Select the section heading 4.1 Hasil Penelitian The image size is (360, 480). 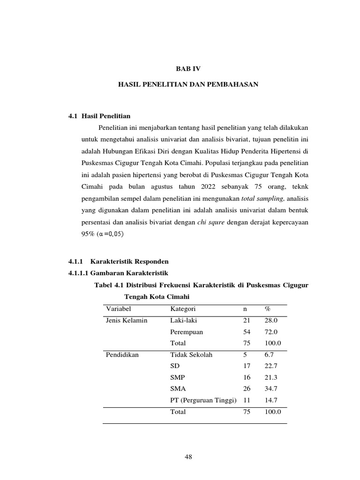tap(99, 116)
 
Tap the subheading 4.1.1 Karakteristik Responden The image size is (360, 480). tap(118, 261)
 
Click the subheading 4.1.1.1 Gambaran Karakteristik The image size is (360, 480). tap(118, 273)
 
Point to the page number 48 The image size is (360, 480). tap(189, 457)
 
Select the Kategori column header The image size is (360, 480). tap(183, 309)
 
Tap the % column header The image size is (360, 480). tap(267, 309)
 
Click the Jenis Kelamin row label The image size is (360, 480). tap(127, 321)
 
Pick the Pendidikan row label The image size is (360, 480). tap(122, 355)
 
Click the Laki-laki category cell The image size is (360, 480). tap(183, 321)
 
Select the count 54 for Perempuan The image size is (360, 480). tap(247, 332)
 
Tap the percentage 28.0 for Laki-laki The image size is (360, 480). tap(271, 321)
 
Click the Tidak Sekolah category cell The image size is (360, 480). tap(191, 355)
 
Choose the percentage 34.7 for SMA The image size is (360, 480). tap(271, 389)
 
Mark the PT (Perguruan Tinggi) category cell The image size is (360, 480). tap(203, 400)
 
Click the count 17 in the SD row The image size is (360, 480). tap(247, 366)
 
